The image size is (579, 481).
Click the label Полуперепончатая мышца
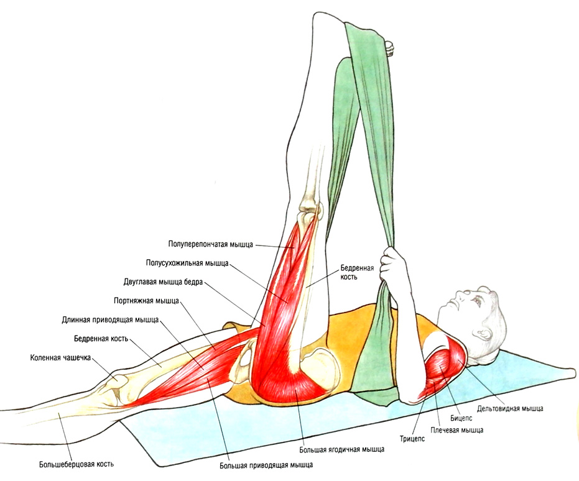(210, 244)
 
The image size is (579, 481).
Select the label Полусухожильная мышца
(187, 263)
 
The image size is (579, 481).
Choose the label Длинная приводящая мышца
(111, 320)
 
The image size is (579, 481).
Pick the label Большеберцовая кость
(76, 464)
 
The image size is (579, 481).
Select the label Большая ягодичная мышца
(341, 449)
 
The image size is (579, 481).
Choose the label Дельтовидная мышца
(510, 408)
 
